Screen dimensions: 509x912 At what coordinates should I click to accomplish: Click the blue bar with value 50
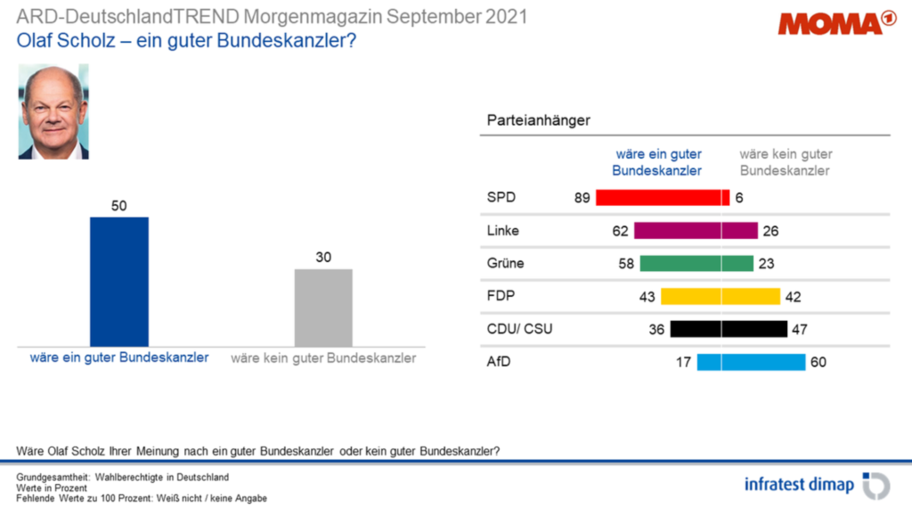coord(119,281)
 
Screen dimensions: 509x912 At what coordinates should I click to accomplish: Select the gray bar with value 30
coord(323,307)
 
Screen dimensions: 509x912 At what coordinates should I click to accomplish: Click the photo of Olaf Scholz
coord(53,111)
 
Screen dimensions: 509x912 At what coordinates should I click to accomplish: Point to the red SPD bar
coord(662,198)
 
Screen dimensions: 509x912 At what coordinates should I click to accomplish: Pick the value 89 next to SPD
coord(582,198)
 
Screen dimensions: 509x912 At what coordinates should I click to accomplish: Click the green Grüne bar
coord(696,264)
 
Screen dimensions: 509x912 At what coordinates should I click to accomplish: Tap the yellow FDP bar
coord(720,297)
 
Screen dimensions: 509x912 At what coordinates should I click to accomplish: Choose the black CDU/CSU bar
coord(729,329)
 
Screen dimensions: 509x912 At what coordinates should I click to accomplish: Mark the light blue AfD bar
coord(751,362)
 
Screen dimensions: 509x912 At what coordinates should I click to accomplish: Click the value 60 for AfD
coord(818,362)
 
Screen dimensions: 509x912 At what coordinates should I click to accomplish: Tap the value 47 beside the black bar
coord(800,329)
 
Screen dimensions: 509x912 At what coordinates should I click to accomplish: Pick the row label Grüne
coord(505,264)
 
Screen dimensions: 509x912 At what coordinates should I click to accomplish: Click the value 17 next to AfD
coord(684,362)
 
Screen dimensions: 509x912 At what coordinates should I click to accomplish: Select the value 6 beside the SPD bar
coord(738,198)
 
